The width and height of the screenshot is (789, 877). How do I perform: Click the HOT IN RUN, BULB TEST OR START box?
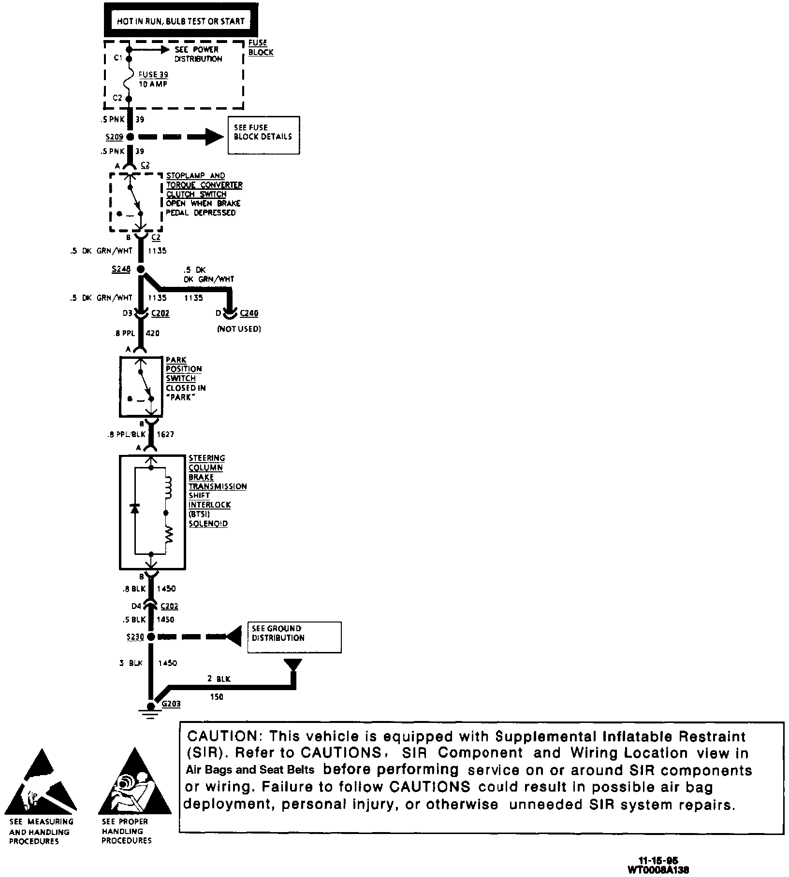coord(180,21)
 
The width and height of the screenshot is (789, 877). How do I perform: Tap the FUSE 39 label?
coord(153,75)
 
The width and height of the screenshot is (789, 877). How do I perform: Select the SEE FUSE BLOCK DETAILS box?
coord(263,135)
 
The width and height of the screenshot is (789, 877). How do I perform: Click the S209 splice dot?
coord(129,137)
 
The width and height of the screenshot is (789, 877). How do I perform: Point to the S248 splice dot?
coord(141,269)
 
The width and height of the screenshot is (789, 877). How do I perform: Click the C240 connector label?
coord(249,313)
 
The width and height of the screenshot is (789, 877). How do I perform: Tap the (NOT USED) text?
coord(239,329)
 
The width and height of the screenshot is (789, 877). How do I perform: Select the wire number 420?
coord(152,333)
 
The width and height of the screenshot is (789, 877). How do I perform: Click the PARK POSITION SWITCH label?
coord(183,369)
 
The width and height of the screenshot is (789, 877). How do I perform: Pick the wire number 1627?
coord(165,434)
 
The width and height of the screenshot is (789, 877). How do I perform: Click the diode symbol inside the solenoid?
coord(135,508)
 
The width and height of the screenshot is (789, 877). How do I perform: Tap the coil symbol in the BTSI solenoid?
coord(168,488)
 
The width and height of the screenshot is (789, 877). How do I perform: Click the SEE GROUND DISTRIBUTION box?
coord(294,637)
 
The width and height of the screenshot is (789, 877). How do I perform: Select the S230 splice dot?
coord(151,637)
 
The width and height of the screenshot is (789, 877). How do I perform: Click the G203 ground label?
coord(171,704)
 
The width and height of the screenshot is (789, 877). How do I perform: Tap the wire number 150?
coord(217,697)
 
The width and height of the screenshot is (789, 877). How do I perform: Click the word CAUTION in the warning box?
coord(223,736)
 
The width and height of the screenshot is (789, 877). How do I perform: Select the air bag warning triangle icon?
coord(135,782)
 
